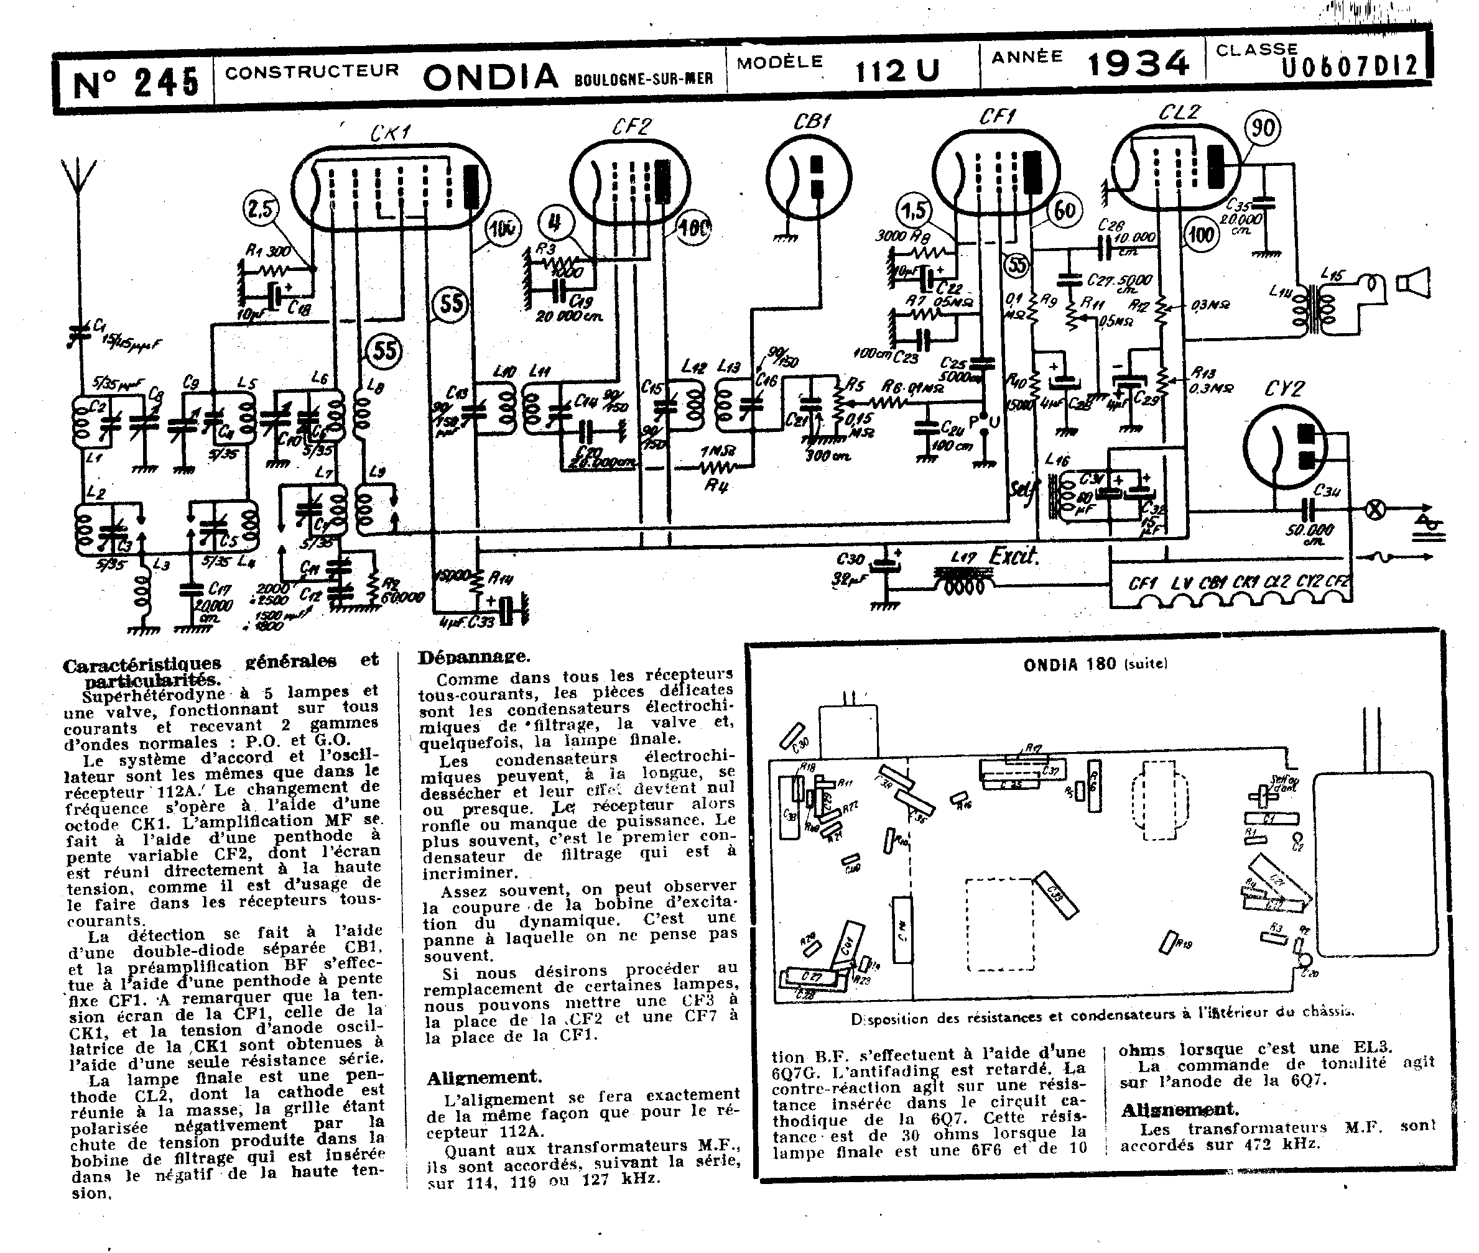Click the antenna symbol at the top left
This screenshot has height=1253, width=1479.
coord(78,178)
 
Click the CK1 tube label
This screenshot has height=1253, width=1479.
coord(390,133)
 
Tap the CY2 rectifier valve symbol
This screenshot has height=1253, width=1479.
coord(1285,447)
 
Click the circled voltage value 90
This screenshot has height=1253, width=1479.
coord(1262,129)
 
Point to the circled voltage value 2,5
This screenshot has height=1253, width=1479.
coord(261,209)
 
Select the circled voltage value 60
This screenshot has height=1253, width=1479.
coord(1064,210)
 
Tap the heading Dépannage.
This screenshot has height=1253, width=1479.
coord(473,657)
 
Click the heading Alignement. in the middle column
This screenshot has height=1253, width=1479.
coord(484,1078)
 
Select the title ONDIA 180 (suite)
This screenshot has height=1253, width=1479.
coord(1095,664)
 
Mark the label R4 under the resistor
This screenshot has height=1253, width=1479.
coord(716,487)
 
